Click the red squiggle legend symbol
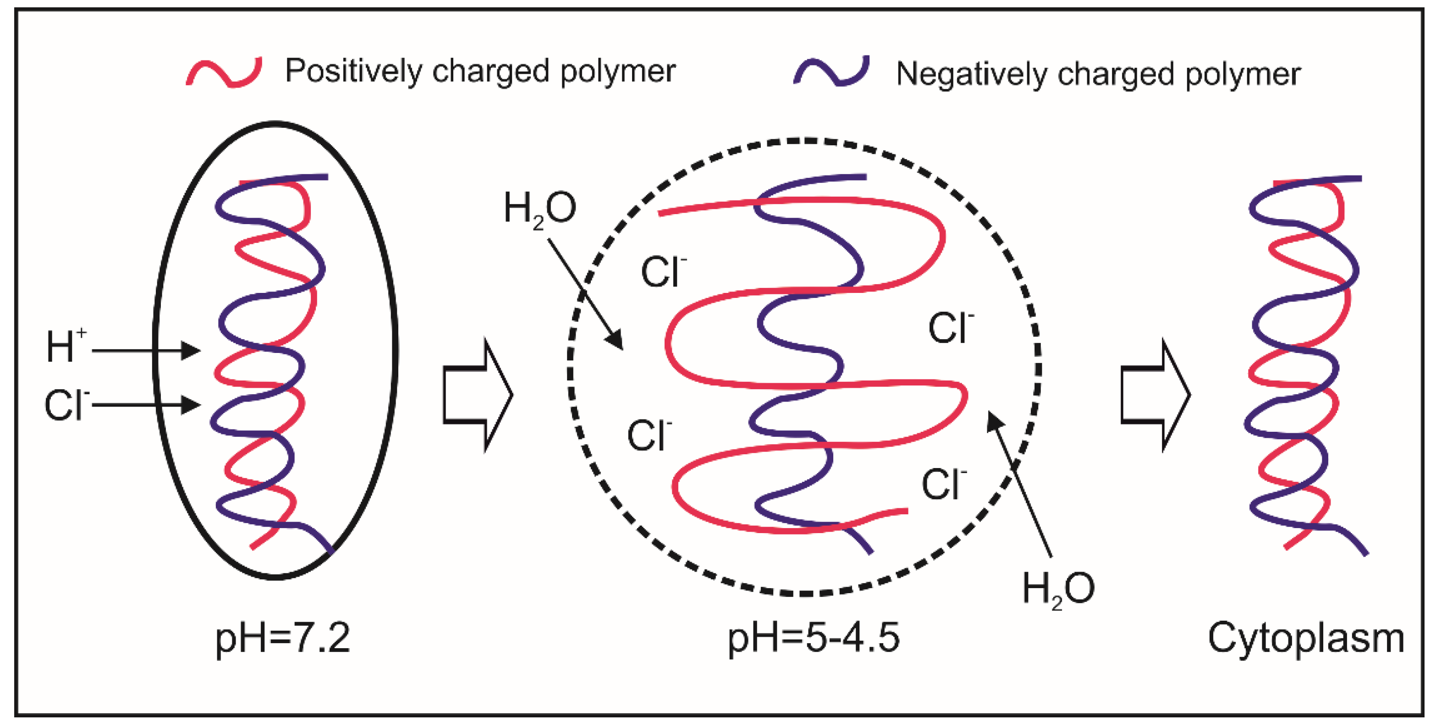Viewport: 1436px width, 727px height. coord(224,72)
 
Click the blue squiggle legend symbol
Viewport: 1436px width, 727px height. coord(831,72)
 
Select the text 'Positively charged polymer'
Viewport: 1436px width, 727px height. coord(480,72)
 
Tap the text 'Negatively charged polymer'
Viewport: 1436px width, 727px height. coord(1098,74)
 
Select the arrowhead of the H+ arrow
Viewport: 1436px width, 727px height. coord(191,351)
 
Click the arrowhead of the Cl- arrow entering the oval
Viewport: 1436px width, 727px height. coord(191,405)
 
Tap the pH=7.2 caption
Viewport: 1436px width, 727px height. coord(283,639)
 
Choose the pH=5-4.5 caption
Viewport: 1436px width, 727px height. coord(813,639)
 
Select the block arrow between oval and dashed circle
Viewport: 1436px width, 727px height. coord(477,395)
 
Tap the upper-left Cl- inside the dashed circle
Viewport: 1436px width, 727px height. coord(663,272)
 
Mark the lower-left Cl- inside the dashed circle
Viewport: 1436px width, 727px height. coord(648,435)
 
